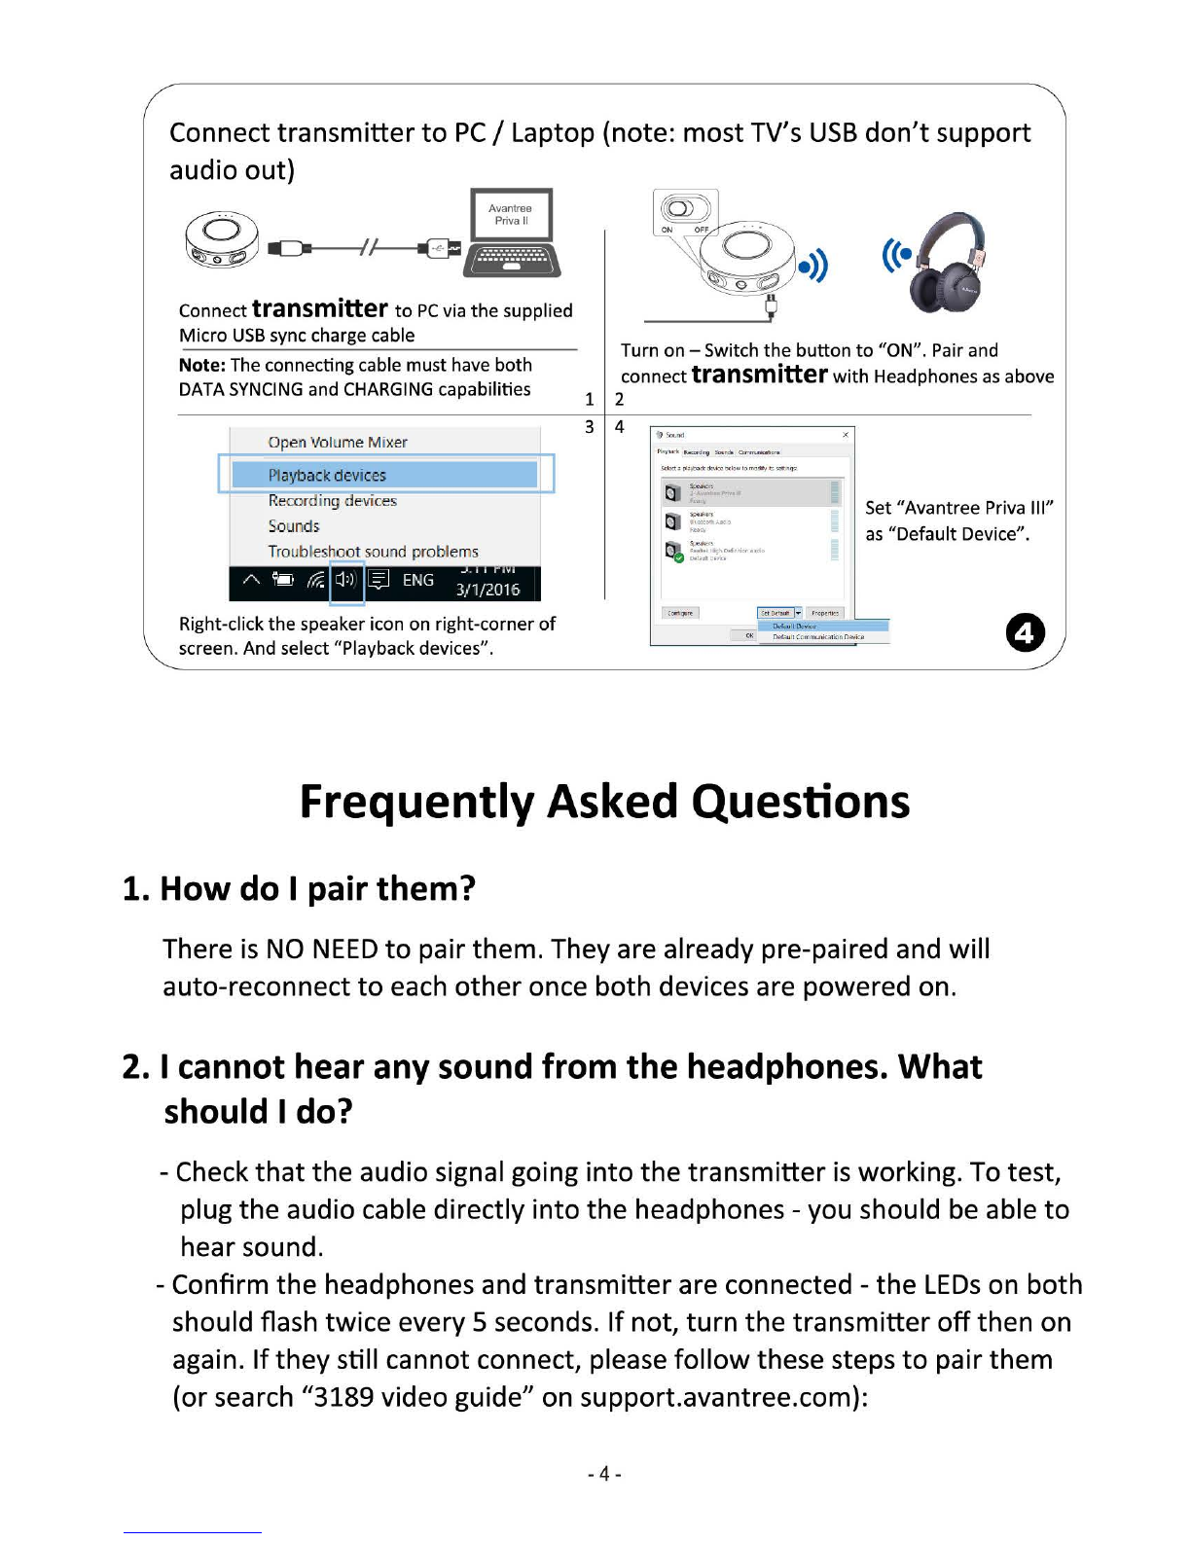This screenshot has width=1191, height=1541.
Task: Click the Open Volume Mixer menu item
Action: point(338,443)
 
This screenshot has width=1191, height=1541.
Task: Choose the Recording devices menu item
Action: point(333,501)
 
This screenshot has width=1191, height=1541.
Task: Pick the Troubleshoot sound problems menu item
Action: point(374,552)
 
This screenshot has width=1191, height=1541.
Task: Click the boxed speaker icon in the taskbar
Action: point(347,581)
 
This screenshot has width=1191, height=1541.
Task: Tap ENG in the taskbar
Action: point(418,580)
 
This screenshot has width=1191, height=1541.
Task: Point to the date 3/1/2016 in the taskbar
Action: point(487,590)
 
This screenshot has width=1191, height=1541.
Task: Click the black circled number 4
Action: point(1025,633)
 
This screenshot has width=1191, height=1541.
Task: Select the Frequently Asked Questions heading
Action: point(604,802)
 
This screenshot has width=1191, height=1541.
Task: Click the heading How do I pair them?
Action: point(299,888)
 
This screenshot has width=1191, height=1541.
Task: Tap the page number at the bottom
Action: point(604,1474)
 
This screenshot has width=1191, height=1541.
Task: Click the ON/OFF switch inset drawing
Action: point(684,212)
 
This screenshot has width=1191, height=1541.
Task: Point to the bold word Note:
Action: point(202,366)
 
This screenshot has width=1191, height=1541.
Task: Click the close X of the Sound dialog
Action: point(846,435)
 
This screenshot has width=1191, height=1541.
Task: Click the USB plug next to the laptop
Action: point(438,249)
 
